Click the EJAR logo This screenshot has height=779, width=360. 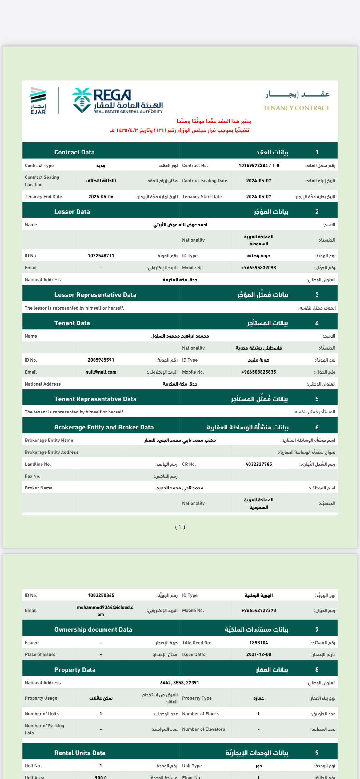pyautogui.click(x=38, y=101)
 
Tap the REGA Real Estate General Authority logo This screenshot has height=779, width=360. pyautogui.click(x=117, y=101)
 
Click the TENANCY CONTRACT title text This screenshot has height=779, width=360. pyautogui.click(x=296, y=108)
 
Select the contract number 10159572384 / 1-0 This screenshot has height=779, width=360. pyautogui.click(x=259, y=166)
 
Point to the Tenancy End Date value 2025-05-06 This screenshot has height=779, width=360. pyautogui.click(x=101, y=197)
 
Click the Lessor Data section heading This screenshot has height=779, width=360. pyautogui.click(x=72, y=212)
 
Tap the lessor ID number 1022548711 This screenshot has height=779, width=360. pyautogui.click(x=101, y=256)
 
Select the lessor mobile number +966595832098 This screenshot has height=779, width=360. pyautogui.click(x=258, y=268)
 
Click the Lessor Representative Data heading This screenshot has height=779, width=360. pyautogui.click(x=95, y=295)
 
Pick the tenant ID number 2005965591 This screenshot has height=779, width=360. pyautogui.click(x=101, y=360)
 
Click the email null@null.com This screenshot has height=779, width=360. pyautogui.click(x=101, y=372)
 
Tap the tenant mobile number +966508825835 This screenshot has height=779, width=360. pyautogui.click(x=258, y=372)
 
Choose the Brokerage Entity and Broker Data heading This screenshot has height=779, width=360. pyautogui.click(x=104, y=427)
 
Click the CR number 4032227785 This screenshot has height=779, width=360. pyautogui.click(x=258, y=464)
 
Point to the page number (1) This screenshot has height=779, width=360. pyautogui.click(x=180, y=527)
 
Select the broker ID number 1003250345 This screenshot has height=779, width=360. pyautogui.click(x=101, y=595)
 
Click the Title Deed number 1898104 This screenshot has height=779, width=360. pyautogui.click(x=258, y=643)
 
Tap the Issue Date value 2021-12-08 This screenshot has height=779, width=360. pyautogui.click(x=258, y=654)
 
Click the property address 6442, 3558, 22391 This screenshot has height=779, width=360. pyautogui.click(x=179, y=683)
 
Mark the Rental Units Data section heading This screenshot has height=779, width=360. pyautogui.click(x=80, y=753)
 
